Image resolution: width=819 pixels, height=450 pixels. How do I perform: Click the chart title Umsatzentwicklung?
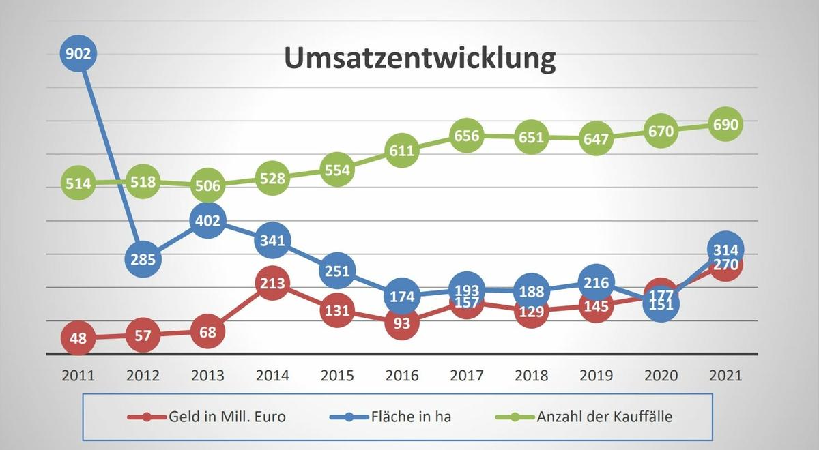(420, 59)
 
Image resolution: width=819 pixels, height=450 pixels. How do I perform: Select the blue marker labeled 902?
(78, 53)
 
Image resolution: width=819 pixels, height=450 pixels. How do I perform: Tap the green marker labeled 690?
(725, 125)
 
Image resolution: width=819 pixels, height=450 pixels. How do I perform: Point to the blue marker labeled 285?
(143, 259)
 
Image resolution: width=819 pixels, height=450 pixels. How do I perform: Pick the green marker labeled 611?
(402, 151)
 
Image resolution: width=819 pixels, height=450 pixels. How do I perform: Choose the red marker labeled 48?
(78, 338)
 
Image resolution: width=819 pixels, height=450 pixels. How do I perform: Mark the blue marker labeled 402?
(208, 221)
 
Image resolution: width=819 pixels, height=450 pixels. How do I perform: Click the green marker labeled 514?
(78, 183)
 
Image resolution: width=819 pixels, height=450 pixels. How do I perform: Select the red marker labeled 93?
(402, 323)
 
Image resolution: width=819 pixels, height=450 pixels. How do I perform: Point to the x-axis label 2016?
(402, 376)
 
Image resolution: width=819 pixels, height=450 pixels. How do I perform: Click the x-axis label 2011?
(78, 376)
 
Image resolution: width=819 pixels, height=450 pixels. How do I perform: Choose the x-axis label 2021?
(725, 376)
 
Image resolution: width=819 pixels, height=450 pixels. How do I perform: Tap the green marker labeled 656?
(467, 136)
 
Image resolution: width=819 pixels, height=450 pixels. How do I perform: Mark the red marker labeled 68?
(208, 332)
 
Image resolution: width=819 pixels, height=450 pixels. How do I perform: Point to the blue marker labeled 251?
(337, 271)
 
